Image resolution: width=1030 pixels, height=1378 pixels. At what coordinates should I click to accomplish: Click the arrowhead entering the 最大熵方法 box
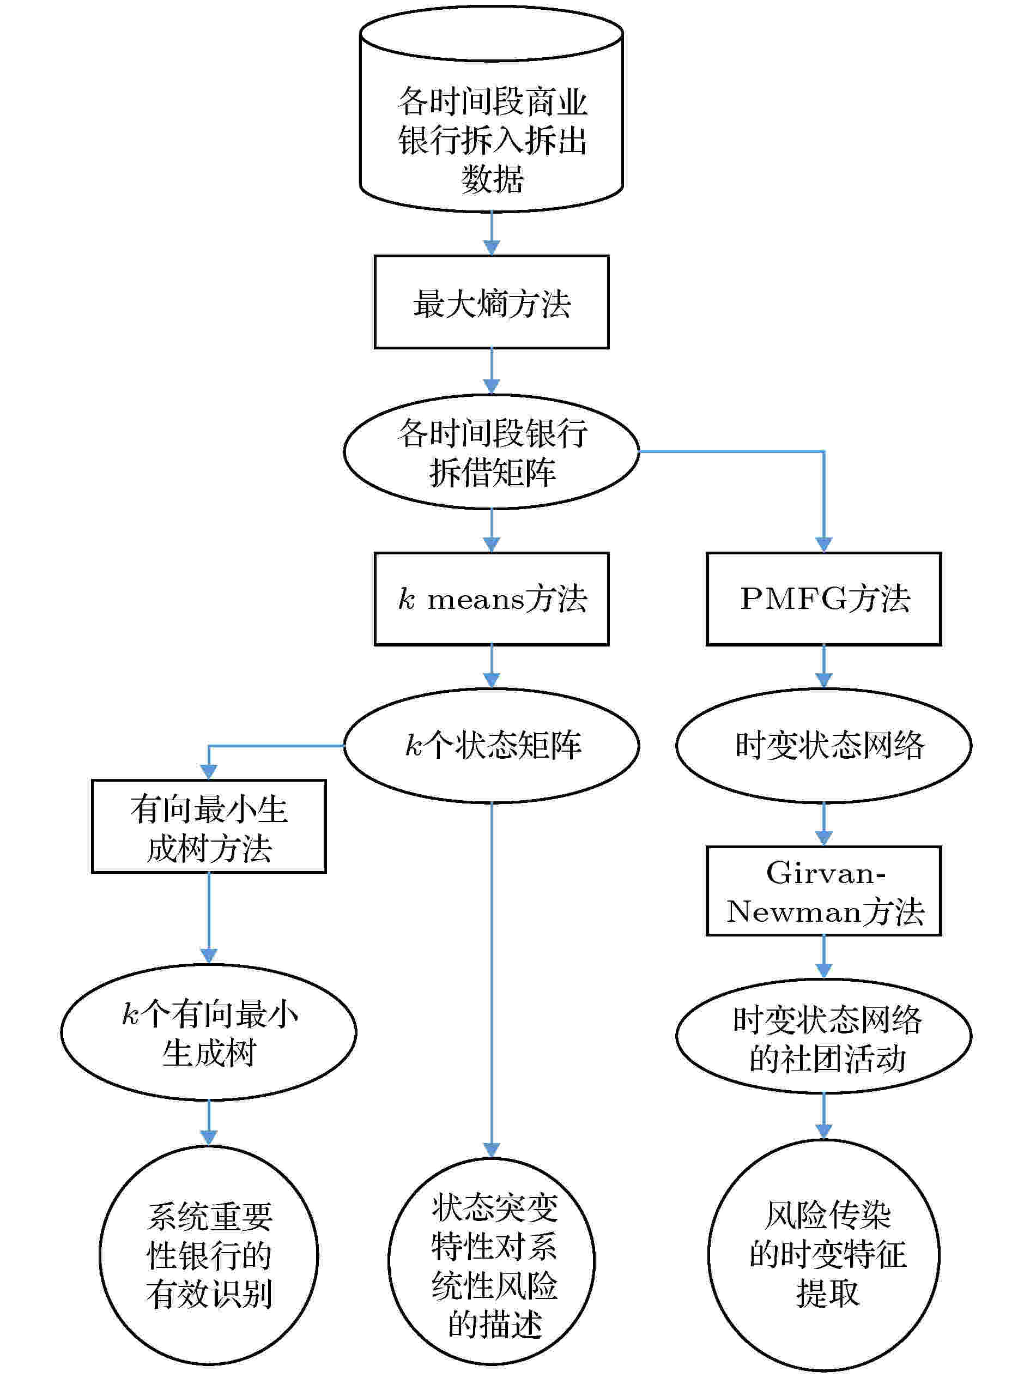coord(492,247)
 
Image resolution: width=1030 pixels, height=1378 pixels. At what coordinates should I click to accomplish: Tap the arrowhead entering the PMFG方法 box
coord(823,545)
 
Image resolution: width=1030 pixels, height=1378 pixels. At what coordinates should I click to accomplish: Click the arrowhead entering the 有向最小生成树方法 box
coord(209,772)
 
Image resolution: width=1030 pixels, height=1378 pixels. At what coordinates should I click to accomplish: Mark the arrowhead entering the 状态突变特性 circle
coord(492,1151)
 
